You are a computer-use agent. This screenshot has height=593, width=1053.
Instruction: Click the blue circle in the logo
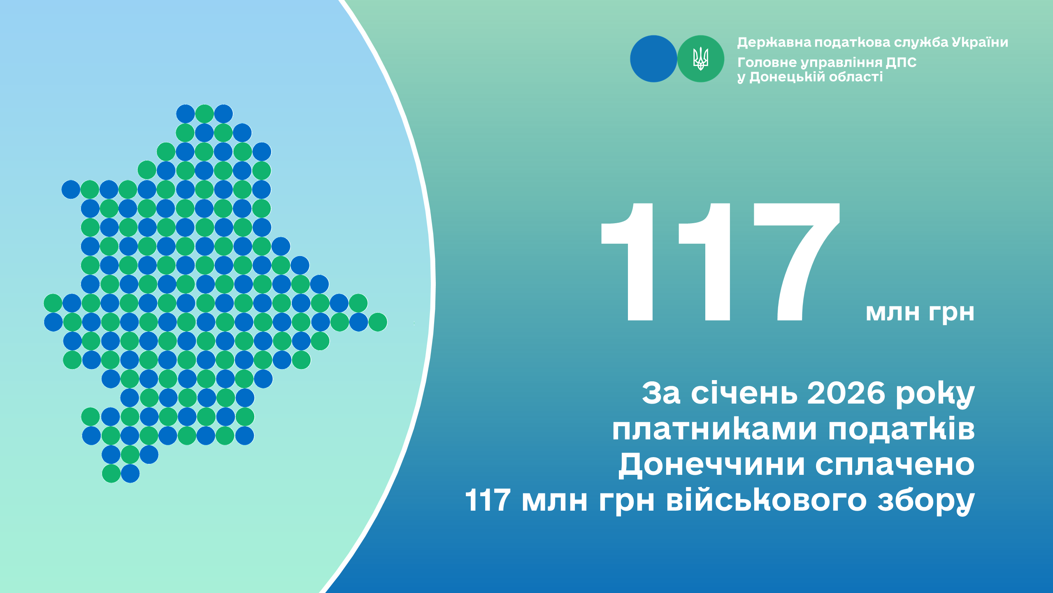[x=653, y=59]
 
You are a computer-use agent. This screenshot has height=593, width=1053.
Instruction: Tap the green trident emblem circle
[x=701, y=59]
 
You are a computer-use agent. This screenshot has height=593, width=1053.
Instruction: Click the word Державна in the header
[x=774, y=42]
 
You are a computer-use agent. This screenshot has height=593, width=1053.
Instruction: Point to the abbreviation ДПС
[x=901, y=63]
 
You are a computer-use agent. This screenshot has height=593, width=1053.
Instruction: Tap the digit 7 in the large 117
[x=796, y=261]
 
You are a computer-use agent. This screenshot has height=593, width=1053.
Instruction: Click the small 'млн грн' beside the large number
[x=920, y=313]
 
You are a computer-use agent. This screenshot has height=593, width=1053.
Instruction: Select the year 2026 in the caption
[x=846, y=393]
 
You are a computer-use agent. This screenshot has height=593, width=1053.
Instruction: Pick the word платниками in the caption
[x=714, y=430]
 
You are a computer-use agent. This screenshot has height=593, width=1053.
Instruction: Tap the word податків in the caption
[x=901, y=430]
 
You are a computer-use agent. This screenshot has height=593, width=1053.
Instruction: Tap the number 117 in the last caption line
[x=488, y=500]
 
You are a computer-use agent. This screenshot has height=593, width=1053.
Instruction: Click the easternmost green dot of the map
[x=377, y=322]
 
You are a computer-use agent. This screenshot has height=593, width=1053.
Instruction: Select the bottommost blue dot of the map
[x=130, y=474]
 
